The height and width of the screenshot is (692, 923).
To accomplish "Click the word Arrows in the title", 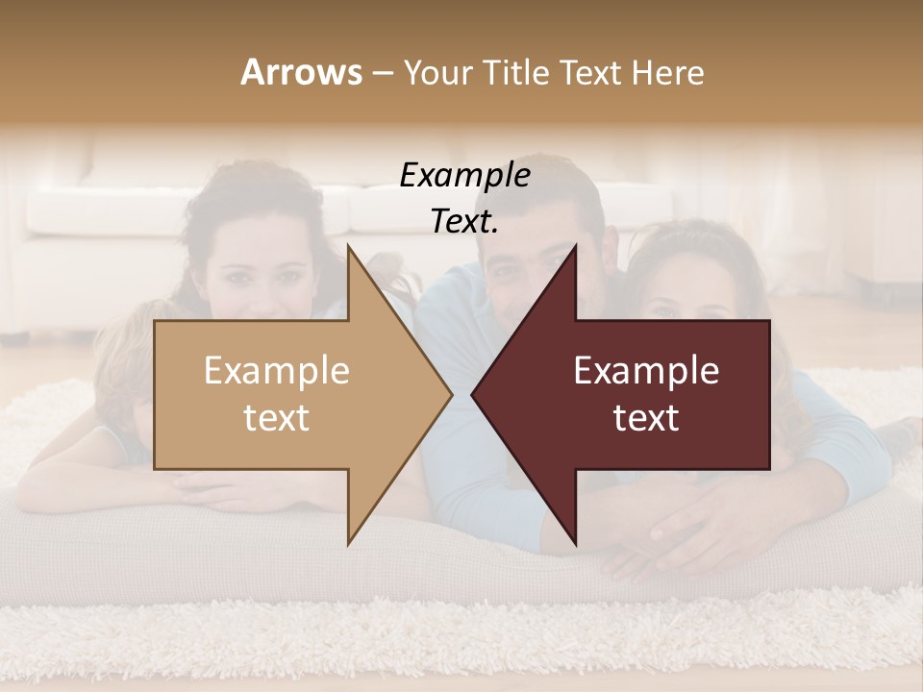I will (x=301, y=72).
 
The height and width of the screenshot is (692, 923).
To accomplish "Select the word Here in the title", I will (x=668, y=72).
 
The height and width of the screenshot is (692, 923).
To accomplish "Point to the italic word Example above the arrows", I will (x=464, y=175).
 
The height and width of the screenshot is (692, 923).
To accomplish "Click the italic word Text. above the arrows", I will (x=464, y=222).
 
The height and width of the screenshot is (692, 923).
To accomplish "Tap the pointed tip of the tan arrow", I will (x=450, y=394).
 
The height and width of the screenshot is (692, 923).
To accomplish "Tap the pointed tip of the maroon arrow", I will (x=474, y=394).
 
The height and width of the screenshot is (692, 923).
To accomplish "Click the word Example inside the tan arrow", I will (x=277, y=371).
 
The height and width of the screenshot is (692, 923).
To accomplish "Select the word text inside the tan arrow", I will (x=277, y=418).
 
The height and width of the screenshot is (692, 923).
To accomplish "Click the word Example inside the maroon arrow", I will (x=646, y=371).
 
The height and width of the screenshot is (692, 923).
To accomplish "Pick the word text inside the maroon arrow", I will (x=646, y=418).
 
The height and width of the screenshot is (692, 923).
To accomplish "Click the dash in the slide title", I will (x=382, y=73).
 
